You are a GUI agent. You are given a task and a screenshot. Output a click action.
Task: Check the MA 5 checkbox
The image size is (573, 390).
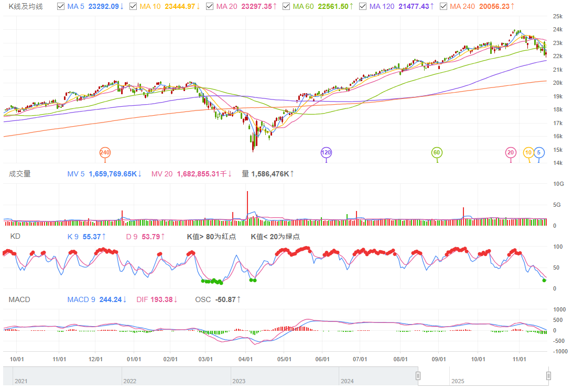(x=60, y=7)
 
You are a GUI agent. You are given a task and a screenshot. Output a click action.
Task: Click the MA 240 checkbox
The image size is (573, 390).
(x=444, y=7)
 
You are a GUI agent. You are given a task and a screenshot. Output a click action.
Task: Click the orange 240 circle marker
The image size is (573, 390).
(x=105, y=152)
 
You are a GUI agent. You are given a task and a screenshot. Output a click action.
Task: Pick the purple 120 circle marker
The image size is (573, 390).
(x=326, y=152)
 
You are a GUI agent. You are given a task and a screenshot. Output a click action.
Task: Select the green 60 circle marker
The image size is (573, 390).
(x=437, y=152)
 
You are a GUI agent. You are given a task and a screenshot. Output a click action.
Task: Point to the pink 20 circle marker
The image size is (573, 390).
(x=511, y=152)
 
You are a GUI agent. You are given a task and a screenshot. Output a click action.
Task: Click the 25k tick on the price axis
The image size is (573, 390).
(x=558, y=16)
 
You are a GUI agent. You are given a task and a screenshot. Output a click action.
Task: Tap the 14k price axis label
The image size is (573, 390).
(x=558, y=163)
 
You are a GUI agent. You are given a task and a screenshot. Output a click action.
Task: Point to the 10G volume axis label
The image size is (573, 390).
(x=558, y=184)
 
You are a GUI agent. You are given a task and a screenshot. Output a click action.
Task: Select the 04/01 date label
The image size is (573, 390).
(x=246, y=360)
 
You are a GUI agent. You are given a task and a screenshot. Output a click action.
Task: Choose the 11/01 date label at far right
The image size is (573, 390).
(x=519, y=360)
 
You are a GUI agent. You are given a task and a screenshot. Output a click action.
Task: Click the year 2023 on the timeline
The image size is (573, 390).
(x=239, y=381)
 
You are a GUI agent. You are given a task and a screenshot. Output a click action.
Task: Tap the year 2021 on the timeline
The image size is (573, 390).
(x=21, y=381)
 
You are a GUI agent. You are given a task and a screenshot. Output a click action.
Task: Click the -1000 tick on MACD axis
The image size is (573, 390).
(x=559, y=351)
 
